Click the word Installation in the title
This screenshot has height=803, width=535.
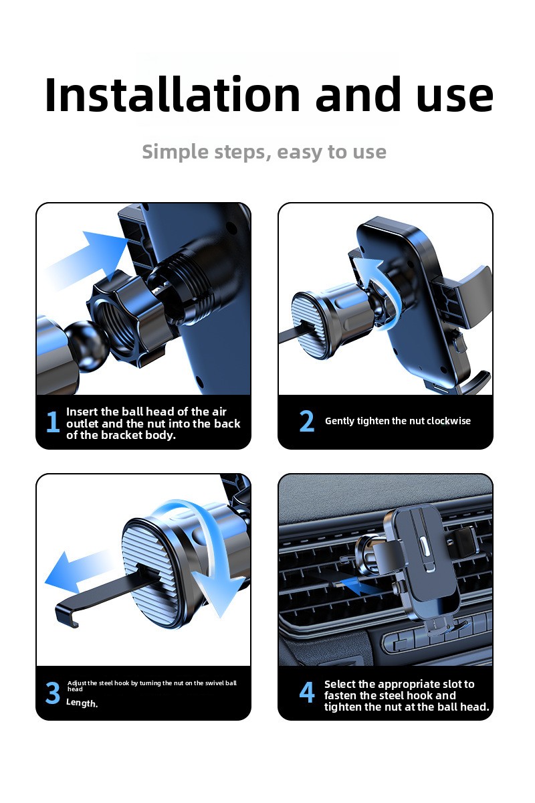tap(173, 94)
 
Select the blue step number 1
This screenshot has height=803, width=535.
tap(53, 422)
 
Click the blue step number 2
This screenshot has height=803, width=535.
tap(307, 421)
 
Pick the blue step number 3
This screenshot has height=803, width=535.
tap(53, 693)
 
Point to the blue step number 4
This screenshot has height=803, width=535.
tap(307, 693)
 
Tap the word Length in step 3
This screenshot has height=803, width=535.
tap(82, 703)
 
